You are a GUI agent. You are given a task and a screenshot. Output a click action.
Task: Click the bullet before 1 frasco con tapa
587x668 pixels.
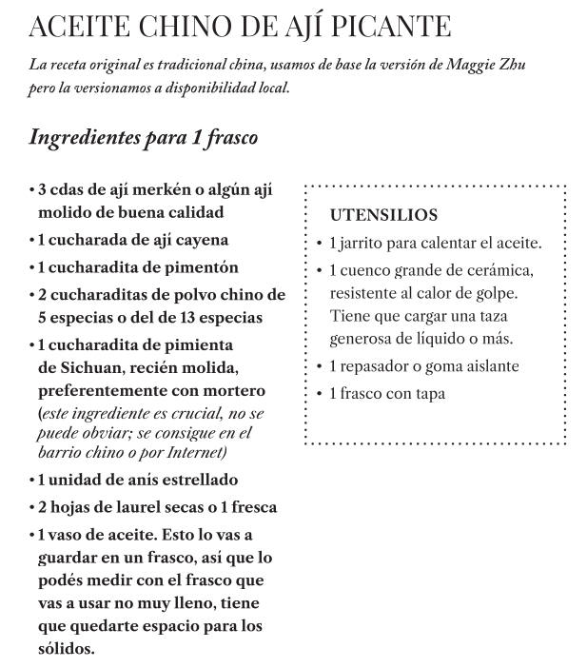[320, 393]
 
